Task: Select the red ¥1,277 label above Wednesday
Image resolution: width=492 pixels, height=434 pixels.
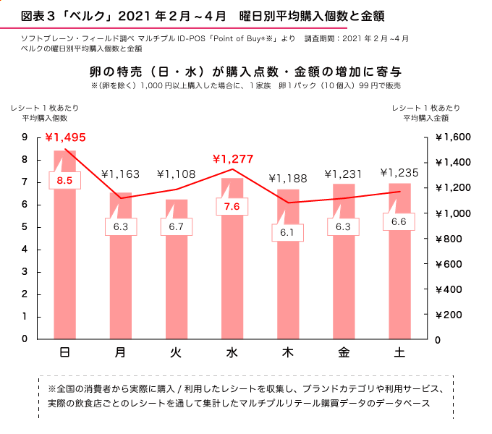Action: click(x=234, y=158)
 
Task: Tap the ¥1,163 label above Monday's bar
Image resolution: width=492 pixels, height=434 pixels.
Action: click(x=122, y=174)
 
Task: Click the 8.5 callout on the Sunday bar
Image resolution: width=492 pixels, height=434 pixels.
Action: click(x=64, y=180)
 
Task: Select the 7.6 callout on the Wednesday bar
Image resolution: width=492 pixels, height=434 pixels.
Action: click(x=232, y=206)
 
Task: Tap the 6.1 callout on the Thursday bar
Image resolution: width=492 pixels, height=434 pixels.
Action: click(x=288, y=232)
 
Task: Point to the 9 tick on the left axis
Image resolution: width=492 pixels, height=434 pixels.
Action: click(x=25, y=137)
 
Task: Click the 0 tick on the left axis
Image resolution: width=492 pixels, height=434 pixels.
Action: click(x=25, y=339)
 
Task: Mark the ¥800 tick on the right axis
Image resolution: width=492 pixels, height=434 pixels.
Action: click(x=455, y=239)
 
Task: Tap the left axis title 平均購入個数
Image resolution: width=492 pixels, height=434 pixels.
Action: click(x=44, y=118)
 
